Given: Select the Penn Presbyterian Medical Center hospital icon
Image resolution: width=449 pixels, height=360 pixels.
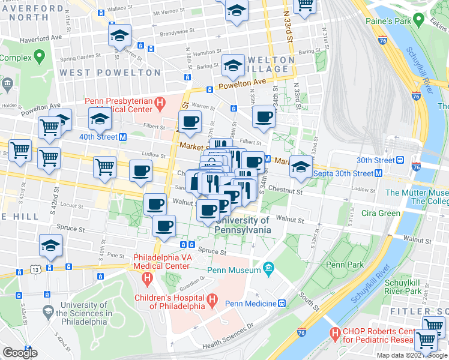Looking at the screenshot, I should tap(159, 104).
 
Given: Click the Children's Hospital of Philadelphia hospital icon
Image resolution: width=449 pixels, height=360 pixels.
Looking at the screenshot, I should tap(211, 299).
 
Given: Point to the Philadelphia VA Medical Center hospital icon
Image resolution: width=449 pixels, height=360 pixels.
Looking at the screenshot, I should tap(146, 278).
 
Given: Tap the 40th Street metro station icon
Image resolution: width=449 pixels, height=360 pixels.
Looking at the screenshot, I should tap(122, 137).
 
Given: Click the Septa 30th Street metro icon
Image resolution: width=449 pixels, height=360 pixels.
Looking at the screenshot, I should tap(379, 173).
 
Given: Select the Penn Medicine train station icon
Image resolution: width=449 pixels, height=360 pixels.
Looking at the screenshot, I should tap(281, 304).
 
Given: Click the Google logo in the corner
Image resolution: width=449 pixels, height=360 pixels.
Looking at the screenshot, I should tap(20, 352).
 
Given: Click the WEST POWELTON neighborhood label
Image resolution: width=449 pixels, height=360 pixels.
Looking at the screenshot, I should tap(110, 73).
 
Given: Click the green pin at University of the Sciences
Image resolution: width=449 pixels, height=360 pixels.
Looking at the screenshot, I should tap(47, 313).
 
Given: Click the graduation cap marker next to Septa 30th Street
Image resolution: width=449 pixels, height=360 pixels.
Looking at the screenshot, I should tap(301, 166).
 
